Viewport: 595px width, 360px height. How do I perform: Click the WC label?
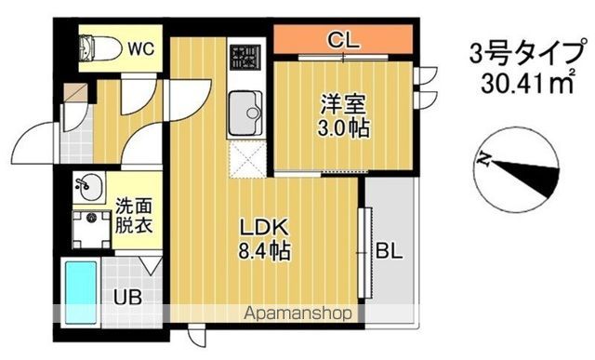tap(141, 47)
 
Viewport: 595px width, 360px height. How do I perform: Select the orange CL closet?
tap(343, 40)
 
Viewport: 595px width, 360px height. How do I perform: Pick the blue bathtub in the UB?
tap(82, 292)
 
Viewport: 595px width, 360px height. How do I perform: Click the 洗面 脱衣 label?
tap(134, 215)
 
